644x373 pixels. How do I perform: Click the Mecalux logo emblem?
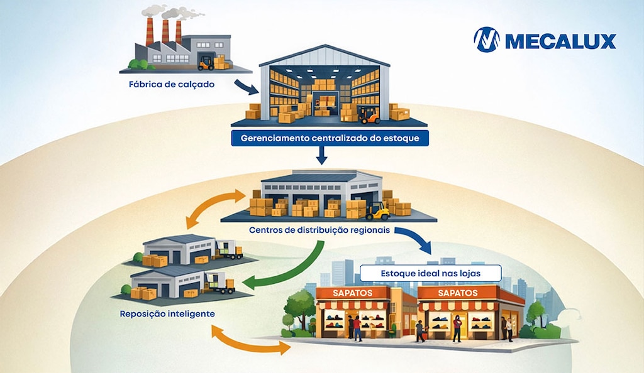(x=487, y=40)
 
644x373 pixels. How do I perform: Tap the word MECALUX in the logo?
(x=560, y=41)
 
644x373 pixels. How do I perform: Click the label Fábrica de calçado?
(x=172, y=84)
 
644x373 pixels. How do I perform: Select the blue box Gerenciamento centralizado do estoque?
(x=330, y=138)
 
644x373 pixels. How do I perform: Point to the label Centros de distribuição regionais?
(x=319, y=230)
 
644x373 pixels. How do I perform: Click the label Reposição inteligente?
(x=167, y=314)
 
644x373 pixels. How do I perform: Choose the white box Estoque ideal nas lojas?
(x=431, y=273)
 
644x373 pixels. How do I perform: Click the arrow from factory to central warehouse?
(x=247, y=87)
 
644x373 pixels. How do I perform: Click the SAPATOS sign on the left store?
(x=353, y=293)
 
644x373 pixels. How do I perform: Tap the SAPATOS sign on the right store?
(x=458, y=293)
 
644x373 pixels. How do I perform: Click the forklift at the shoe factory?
(x=206, y=63)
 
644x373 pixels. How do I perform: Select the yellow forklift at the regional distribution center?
(x=377, y=211)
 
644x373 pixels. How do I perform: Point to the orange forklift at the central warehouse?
(x=369, y=115)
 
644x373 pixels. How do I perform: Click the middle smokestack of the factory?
(x=165, y=31)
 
